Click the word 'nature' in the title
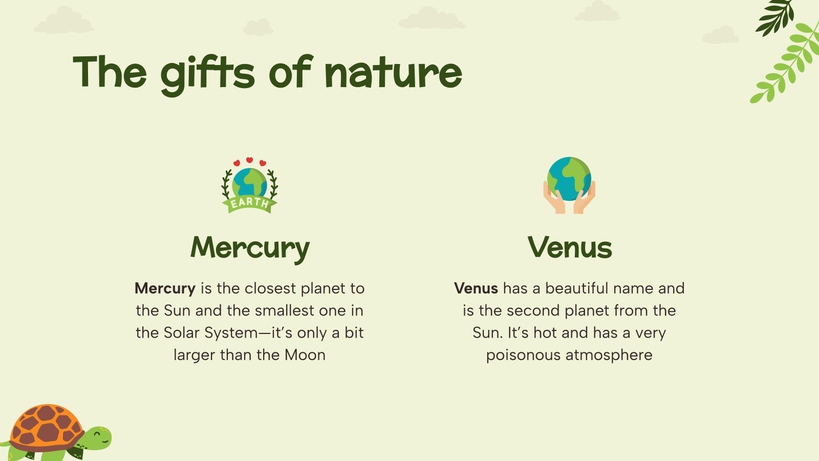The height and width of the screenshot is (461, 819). [393, 73]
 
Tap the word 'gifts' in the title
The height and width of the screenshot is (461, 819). [207, 73]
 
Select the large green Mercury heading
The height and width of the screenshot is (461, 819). [250, 247]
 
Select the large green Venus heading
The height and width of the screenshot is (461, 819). [570, 247]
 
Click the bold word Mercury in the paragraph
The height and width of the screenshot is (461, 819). [165, 288]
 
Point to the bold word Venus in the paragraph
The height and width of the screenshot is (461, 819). [476, 288]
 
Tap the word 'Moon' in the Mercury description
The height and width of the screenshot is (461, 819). [305, 355]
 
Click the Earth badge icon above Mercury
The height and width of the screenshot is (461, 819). [249, 185]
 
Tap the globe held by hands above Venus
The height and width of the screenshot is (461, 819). [569, 178]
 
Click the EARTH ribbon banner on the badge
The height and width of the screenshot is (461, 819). [249, 203]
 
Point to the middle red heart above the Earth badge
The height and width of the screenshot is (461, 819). [249, 160]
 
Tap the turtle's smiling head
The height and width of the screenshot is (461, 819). [98, 438]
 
